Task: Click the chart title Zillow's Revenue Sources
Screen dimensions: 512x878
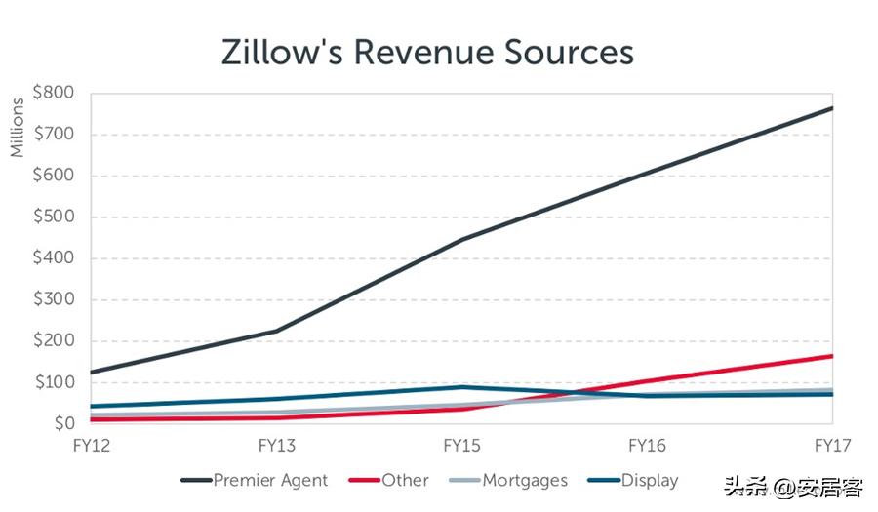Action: (427, 52)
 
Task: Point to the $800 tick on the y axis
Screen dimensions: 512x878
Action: (54, 94)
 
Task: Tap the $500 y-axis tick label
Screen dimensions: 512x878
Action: (54, 217)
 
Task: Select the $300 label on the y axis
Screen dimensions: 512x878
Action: (54, 300)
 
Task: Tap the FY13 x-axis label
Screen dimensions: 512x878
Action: (277, 446)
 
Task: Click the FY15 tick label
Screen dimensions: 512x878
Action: (462, 446)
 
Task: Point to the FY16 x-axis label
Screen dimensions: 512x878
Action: (647, 446)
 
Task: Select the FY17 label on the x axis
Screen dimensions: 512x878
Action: (832, 446)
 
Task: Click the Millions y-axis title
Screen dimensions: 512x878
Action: (18, 127)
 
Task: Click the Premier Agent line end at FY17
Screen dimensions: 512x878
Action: (831, 108)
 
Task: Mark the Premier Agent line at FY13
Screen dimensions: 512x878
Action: (277, 331)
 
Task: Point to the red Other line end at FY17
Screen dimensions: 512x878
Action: (831, 356)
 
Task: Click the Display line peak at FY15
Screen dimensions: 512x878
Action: (462, 387)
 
